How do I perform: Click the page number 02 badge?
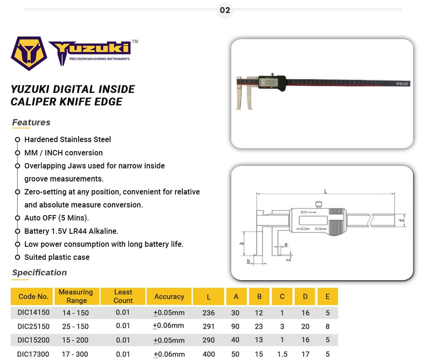[x=225, y=10]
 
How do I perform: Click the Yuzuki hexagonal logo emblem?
[x=29, y=53]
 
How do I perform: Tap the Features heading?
[x=31, y=122]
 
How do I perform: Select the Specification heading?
[x=39, y=273]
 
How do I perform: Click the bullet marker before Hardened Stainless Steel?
[x=18, y=140]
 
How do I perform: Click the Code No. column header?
[x=33, y=296]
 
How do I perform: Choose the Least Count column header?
[x=123, y=296]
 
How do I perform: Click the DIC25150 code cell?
[x=33, y=326]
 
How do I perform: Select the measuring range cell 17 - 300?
[x=75, y=354]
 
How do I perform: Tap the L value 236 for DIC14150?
[x=209, y=313]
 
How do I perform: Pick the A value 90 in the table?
[x=235, y=326]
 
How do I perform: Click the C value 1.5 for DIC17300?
[x=282, y=354]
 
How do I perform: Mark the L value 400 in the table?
[x=209, y=354]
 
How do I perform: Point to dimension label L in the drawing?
[x=326, y=191]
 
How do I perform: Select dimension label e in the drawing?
[x=286, y=245]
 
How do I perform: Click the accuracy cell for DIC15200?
[x=169, y=340]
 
